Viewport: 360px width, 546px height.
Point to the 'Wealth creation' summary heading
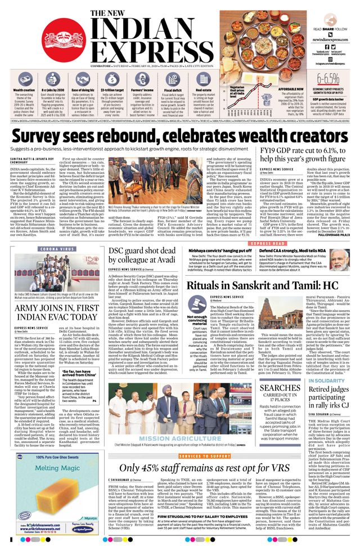(x=24, y=89)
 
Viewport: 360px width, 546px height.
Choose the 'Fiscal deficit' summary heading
(x=174, y=89)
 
